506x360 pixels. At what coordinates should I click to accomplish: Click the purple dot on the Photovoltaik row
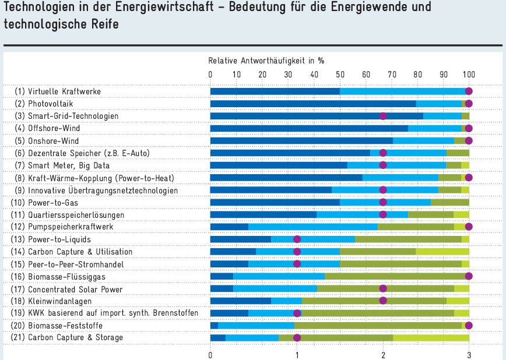469,104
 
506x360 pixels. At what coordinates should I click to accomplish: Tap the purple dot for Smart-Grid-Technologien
383,116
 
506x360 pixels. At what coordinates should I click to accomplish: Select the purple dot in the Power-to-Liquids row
297,239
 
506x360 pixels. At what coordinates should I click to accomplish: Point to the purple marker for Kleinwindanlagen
383,301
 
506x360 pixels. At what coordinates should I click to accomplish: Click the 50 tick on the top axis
340,75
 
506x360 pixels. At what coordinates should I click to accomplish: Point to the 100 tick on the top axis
469,75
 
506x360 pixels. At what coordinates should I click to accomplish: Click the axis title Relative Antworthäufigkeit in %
266,61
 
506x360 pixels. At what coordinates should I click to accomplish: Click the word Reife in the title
105,26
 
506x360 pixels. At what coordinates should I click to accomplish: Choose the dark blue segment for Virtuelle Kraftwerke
275,91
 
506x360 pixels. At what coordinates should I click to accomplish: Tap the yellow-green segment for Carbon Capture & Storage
431,338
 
